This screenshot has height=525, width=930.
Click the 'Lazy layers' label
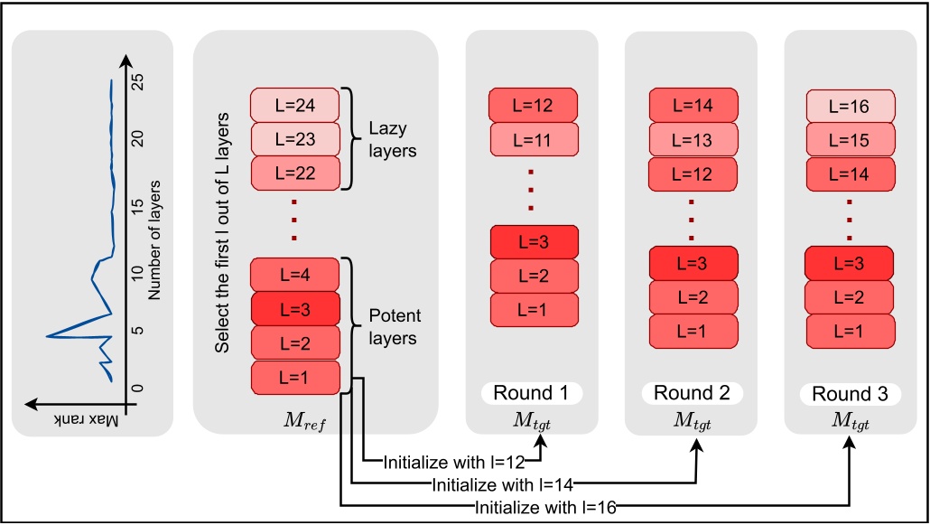point(392,139)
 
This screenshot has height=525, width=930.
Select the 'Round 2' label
point(690,393)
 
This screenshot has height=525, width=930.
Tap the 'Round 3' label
point(849,394)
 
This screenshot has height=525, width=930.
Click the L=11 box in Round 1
point(533,139)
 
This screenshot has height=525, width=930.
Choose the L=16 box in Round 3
point(850,107)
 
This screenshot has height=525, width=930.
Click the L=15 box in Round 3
point(850,139)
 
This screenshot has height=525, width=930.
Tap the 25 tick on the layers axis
point(136,80)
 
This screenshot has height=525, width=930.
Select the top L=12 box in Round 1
point(533,105)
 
